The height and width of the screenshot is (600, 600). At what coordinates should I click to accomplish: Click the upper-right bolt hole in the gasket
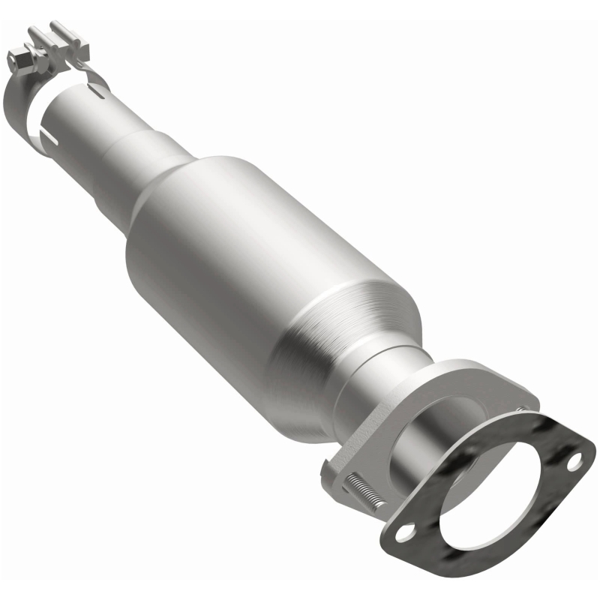[574, 462]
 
